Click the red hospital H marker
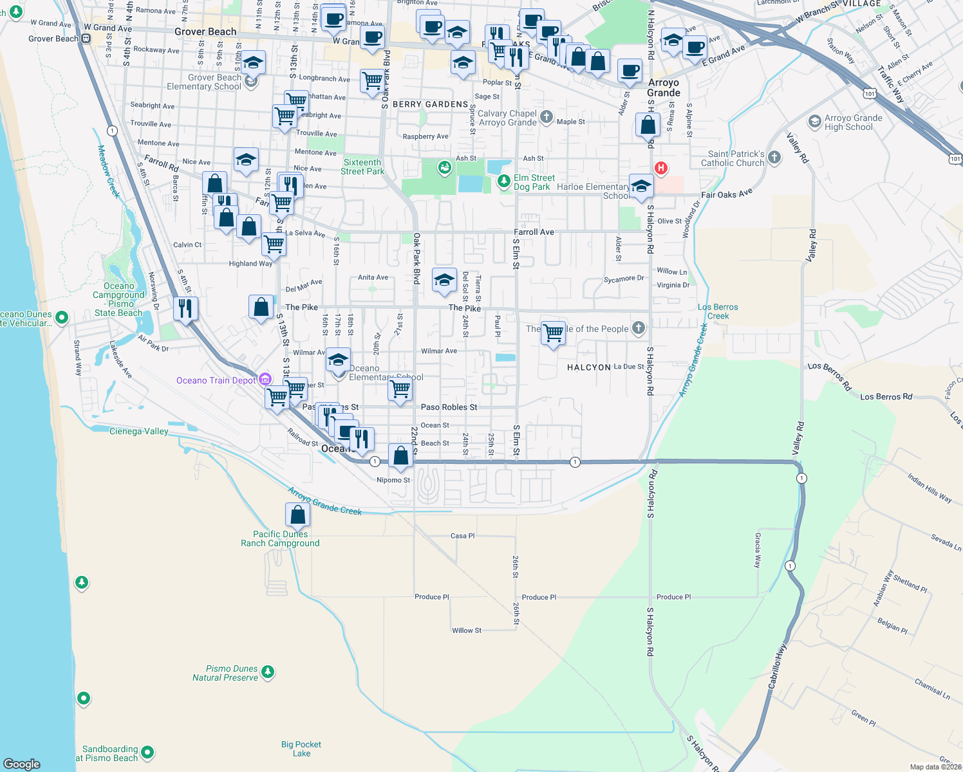tap(660, 169)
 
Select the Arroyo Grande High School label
tap(848, 122)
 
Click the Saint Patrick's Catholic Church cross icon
tap(774, 157)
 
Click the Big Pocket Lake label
tap(301, 749)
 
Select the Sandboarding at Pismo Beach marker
tap(147, 751)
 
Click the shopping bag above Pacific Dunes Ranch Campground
tap(297, 515)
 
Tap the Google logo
tap(21, 764)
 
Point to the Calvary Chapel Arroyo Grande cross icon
tap(546, 117)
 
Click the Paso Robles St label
tap(449, 407)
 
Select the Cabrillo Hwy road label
tap(777, 666)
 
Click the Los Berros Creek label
tap(718, 311)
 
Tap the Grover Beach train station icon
tap(86, 39)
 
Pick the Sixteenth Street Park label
tap(362, 167)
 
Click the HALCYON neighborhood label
tap(588, 367)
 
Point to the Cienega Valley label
tap(138, 431)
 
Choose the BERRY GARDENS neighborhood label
tap(430, 104)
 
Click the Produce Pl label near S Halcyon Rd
tap(673, 597)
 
